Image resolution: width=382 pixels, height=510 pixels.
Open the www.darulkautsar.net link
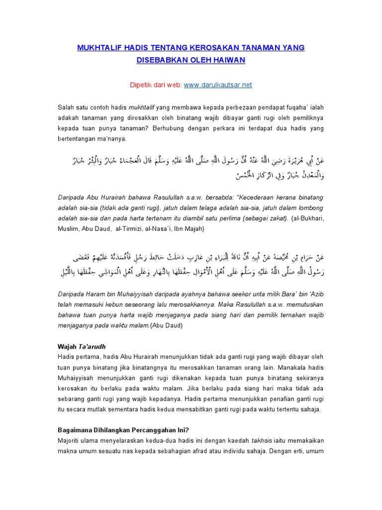tap(218, 85)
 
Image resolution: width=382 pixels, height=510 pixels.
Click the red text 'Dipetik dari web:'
tap(156, 85)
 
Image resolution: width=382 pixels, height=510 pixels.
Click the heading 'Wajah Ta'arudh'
tap(81, 346)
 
